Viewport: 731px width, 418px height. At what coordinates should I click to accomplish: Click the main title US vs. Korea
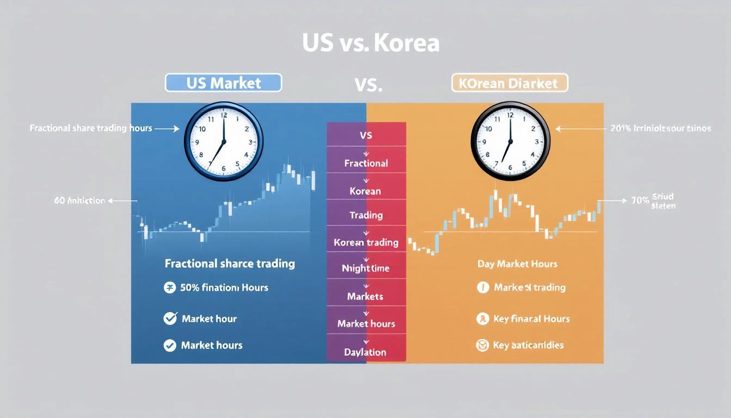(370, 44)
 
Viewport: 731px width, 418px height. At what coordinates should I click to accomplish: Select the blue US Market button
(223, 83)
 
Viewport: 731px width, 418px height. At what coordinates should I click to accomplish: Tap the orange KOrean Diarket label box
(509, 83)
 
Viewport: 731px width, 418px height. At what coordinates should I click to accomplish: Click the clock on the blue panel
(224, 140)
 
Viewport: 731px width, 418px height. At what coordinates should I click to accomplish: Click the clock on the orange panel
(510, 140)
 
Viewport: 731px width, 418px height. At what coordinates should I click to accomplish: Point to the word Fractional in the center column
(366, 163)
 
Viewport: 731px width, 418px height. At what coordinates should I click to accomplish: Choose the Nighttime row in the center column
(366, 268)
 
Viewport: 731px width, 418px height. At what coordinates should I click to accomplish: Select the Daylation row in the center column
(366, 352)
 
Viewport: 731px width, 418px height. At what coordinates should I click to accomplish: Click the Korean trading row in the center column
(366, 242)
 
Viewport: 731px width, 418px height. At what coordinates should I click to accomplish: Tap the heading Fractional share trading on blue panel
(230, 264)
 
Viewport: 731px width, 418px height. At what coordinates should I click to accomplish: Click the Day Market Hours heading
(517, 264)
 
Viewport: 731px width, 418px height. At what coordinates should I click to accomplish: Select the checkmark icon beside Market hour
(170, 318)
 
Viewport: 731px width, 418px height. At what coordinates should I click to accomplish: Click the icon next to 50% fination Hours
(170, 287)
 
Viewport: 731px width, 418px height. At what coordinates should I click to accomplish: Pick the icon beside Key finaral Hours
(482, 319)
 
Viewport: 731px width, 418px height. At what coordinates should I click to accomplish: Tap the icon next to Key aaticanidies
(482, 345)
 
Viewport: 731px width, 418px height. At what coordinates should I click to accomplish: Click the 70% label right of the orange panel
(640, 200)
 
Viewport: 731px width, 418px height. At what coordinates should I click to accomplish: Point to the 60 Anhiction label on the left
(79, 201)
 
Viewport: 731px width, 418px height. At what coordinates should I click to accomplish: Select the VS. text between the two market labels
(368, 84)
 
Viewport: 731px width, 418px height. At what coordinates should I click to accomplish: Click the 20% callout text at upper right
(661, 129)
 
